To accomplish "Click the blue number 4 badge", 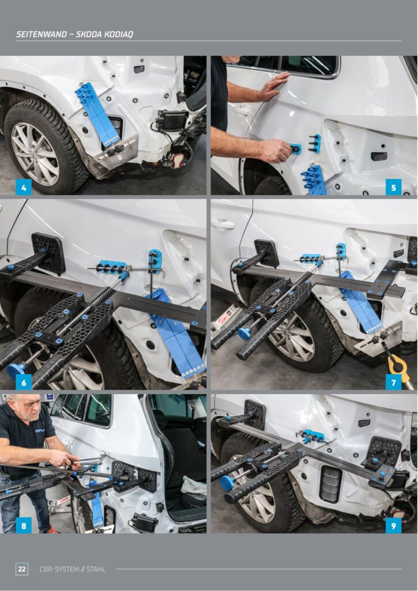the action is [x=23, y=187].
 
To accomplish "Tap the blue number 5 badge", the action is [x=394, y=187].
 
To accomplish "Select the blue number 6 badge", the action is [x=23, y=382].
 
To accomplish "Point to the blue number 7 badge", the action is [x=394, y=382].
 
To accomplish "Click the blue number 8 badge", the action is [x=23, y=525].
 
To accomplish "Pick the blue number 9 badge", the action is [x=394, y=525].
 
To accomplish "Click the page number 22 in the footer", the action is [x=22, y=568].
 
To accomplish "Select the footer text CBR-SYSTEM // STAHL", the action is [x=73, y=569].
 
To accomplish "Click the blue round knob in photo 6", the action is [x=16, y=371].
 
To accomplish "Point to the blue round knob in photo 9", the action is [x=227, y=483].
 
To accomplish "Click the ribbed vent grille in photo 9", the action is [x=330, y=484].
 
